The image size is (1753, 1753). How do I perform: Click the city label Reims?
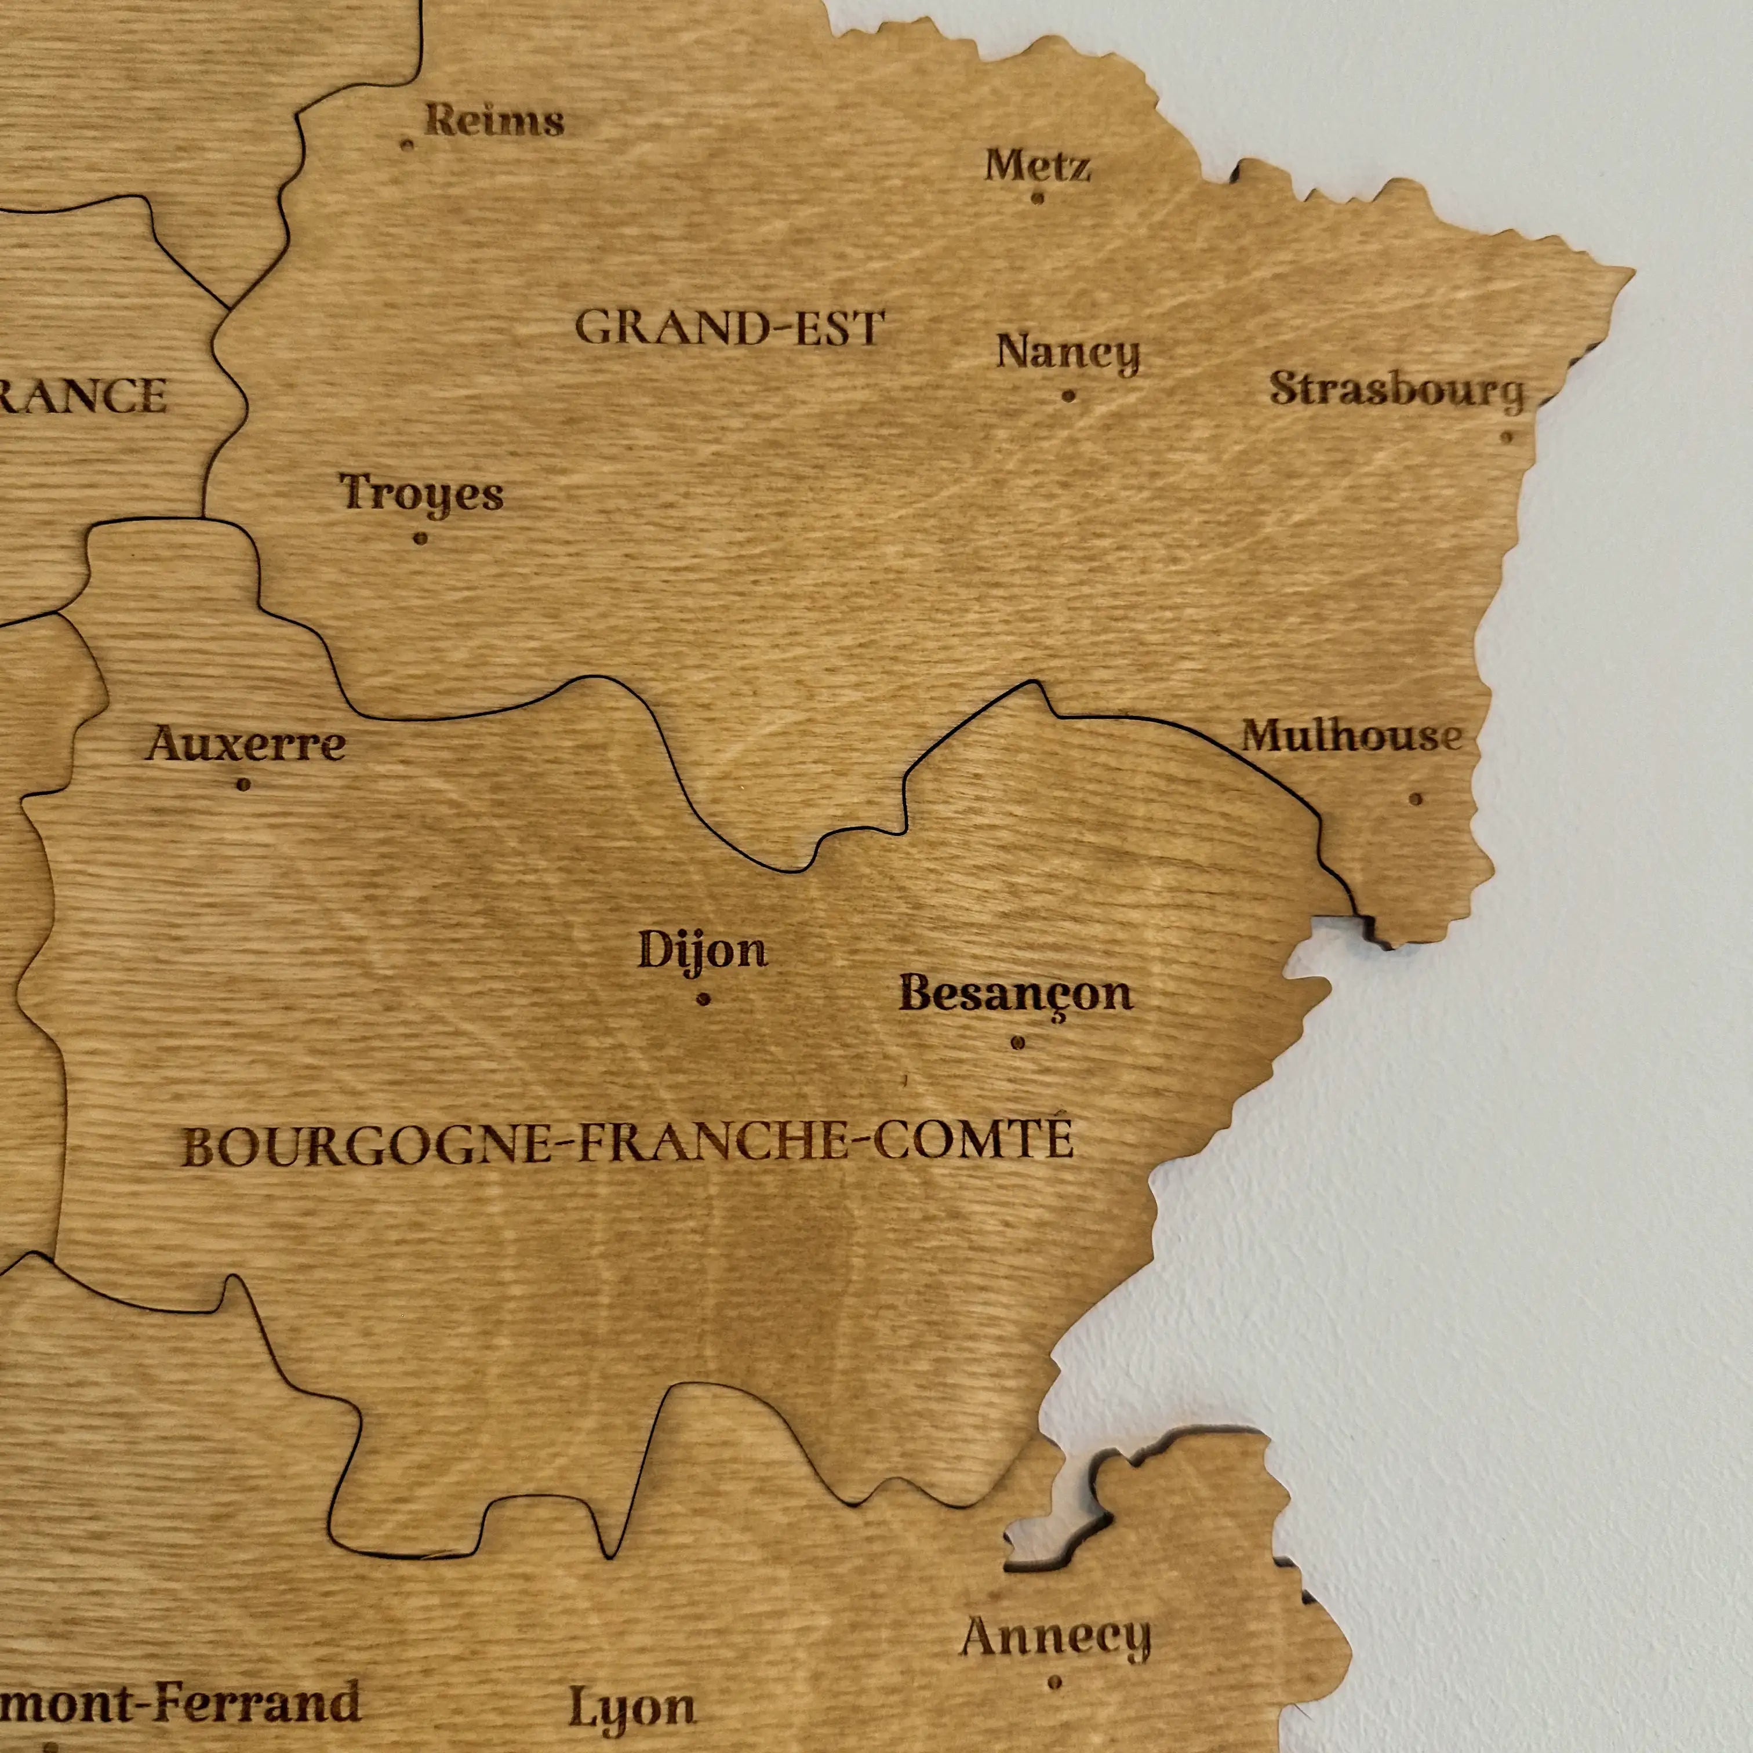[494, 121]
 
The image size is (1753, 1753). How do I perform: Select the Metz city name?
[1037, 166]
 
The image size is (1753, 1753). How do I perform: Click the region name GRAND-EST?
[729, 329]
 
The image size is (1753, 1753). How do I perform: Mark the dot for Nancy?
[1069, 395]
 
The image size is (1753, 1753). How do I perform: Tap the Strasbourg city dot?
[1507, 437]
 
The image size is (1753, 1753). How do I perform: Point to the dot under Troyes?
[420, 538]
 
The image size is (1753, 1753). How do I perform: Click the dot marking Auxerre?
[243, 785]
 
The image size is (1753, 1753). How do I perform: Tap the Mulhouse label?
[1352, 736]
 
